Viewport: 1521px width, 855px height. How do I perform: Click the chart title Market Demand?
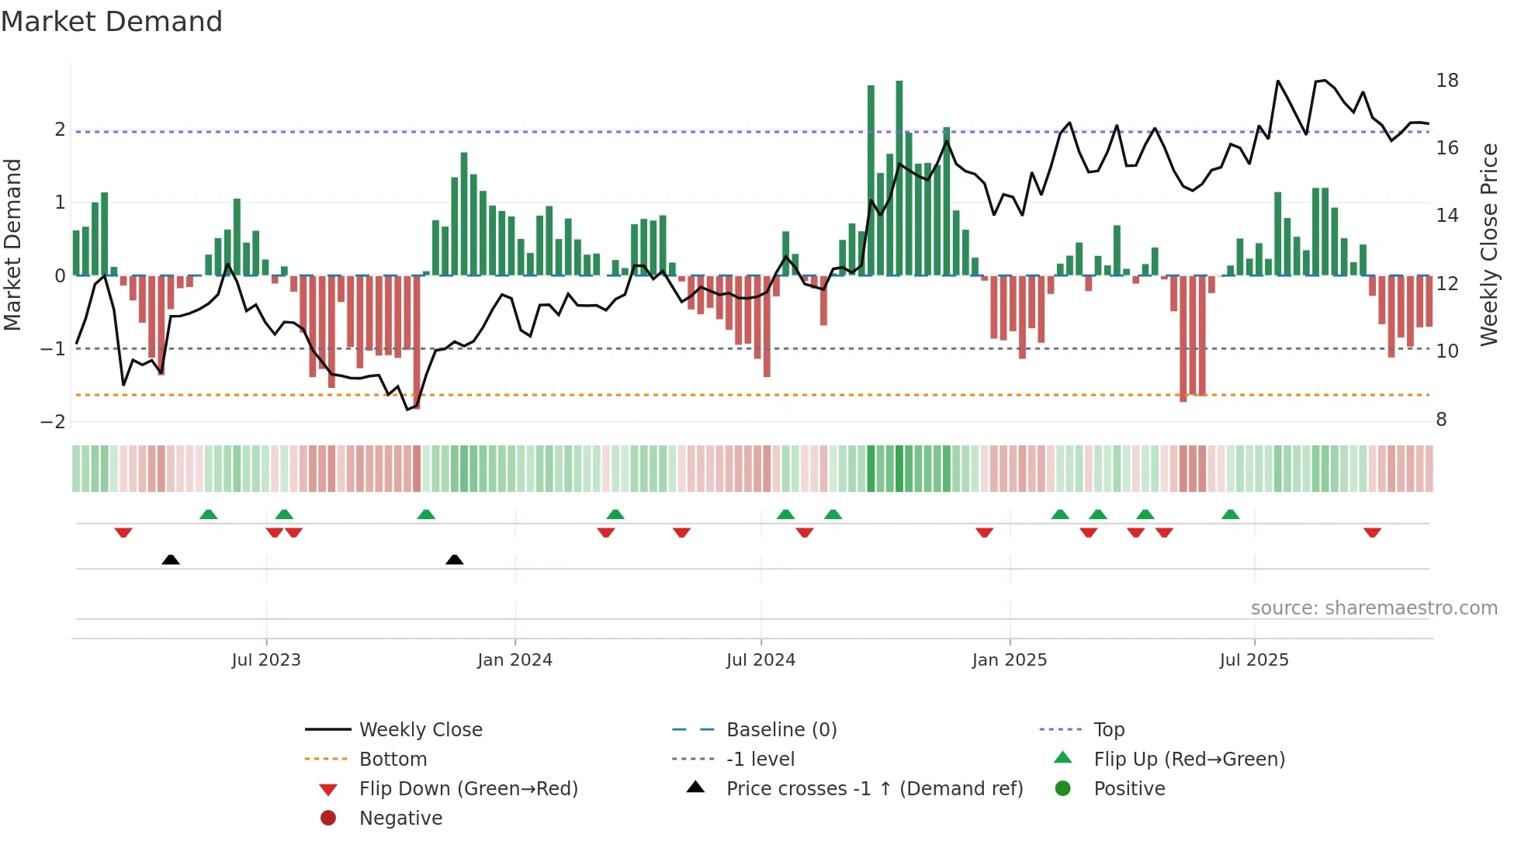(x=112, y=22)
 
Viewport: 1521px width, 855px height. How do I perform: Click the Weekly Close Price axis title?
(x=1488, y=244)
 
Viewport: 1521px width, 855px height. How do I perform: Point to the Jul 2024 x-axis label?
(x=760, y=660)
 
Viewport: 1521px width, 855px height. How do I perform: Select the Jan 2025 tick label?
(x=1009, y=660)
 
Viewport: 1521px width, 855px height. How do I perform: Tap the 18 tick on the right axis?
(x=1447, y=81)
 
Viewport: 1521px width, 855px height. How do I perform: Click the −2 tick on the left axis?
(x=54, y=421)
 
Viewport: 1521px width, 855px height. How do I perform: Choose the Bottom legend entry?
(x=393, y=760)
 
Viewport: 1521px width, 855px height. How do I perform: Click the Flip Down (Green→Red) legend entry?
(x=468, y=789)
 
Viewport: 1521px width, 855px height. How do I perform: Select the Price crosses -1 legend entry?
(x=874, y=789)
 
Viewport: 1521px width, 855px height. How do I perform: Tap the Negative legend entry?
(x=400, y=819)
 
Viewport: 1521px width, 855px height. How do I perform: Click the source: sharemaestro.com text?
(x=1374, y=608)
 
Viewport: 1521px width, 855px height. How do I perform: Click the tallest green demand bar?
(x=899, y=178)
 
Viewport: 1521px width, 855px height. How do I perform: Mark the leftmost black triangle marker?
(x=171, y=559)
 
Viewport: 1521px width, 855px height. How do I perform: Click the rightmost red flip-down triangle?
(x=1372, y=532)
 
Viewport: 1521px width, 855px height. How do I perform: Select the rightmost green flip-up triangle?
(x=1230, y=514)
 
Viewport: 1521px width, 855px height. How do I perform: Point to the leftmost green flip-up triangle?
(x=208, y=514)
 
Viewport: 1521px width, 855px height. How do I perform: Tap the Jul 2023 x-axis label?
(x=266, y=660)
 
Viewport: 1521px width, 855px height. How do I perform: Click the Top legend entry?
(x=1108, y=730)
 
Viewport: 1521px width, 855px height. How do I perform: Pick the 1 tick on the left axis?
(x=59, y=202)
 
